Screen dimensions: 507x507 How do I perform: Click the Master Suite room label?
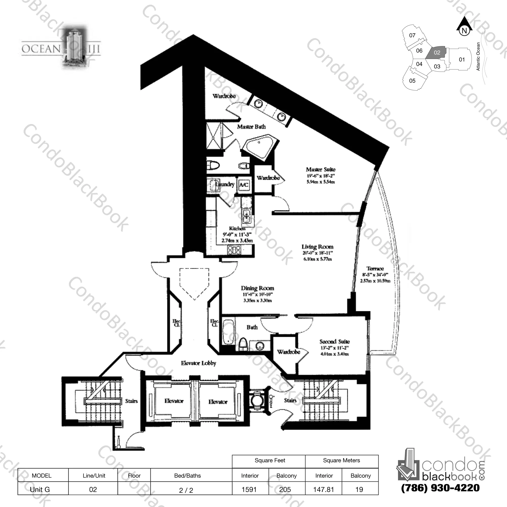click(x=320, y=170)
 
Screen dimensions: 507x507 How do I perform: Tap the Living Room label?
click(x=317, y=247)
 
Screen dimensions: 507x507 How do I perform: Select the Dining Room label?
click(x=257, y=288)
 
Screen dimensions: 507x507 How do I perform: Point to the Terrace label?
click(x=375, y=269)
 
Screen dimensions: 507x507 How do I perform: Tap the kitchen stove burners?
click(x=234, y=250)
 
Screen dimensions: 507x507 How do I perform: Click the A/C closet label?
click(x=244, y=185)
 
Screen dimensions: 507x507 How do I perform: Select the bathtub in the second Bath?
click(x=228, y=332)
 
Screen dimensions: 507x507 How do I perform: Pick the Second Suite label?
click(x=334, y=341)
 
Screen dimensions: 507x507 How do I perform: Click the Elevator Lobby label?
click(x=199, y=363)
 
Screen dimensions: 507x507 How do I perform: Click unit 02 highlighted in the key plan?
click(x=437, y=53)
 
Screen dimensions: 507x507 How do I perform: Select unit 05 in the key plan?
click(x=412, y=81)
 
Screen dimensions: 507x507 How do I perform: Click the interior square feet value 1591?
click(x=249, y=489)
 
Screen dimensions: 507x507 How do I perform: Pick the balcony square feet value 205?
click(x=285, y=489)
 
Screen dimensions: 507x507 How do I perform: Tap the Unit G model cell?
click(x=40, y=489)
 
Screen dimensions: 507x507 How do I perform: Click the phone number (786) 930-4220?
click(x=440, y=488)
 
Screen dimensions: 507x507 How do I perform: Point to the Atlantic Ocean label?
click(x=478, y=56)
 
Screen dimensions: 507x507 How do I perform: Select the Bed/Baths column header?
click(x=187, y=475)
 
